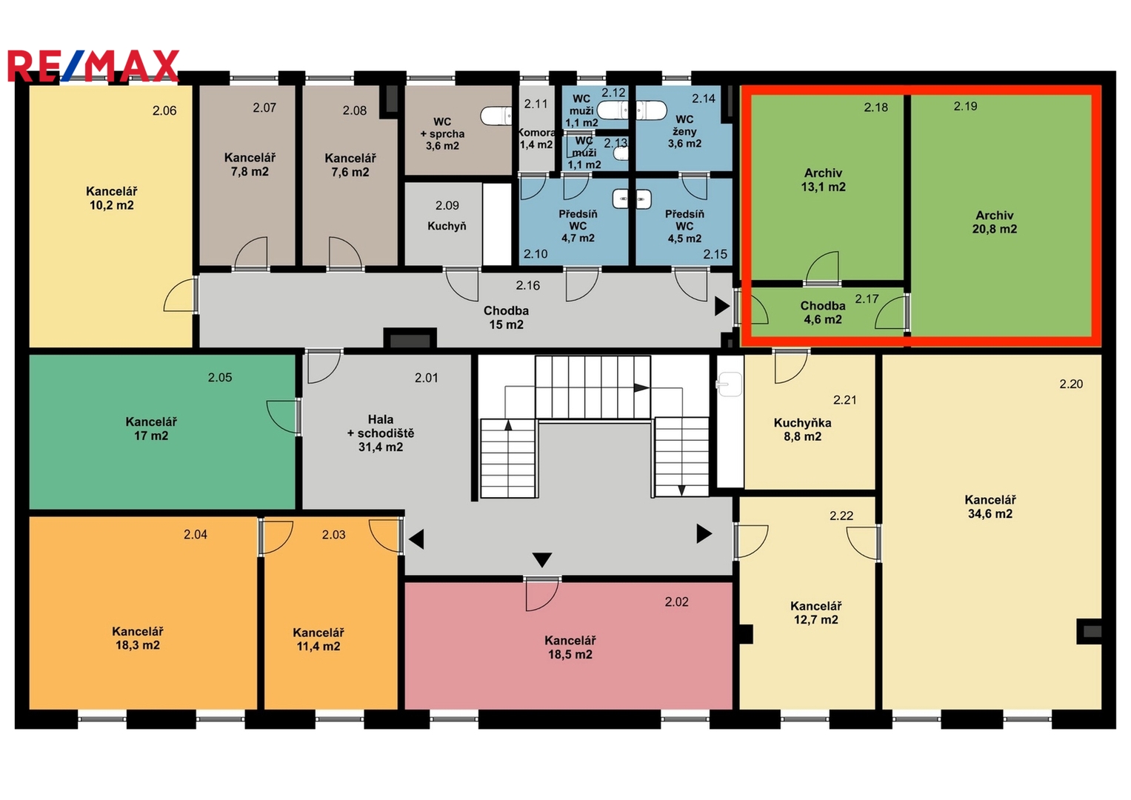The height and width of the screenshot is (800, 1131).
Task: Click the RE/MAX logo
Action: pos(93,66)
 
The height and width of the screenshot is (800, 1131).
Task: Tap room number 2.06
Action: pos(164,110)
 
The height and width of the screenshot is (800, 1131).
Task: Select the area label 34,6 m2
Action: pos(990,513)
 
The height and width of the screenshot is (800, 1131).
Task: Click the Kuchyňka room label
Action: pos(802,423)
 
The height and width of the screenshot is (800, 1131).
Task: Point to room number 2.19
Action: pos(965,106)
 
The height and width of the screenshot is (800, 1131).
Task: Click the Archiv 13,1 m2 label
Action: pos(823,180)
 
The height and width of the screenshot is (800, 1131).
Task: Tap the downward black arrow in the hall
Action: pos(542,559)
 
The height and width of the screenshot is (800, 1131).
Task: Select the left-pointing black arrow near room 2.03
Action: pos(416,539)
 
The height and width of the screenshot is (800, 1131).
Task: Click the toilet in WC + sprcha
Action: pos(496,116)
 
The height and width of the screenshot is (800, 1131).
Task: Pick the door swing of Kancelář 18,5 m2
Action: pos(542,594)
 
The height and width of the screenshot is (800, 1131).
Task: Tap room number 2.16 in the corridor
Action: pos(527,285)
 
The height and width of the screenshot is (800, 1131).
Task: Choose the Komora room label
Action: pos(538,133)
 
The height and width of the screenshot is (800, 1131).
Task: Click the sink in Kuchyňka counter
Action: pos(729,385)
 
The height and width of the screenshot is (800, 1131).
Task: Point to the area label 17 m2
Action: pos(151,436)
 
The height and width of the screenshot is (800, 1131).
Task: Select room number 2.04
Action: pos(196,534)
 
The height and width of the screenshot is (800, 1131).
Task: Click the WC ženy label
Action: pos(684,125)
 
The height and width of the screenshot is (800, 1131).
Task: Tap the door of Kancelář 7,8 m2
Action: pos(251,253)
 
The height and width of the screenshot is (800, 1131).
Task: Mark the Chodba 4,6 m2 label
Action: pos(822,313)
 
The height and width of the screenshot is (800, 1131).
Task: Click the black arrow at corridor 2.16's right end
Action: pos(722,307)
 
